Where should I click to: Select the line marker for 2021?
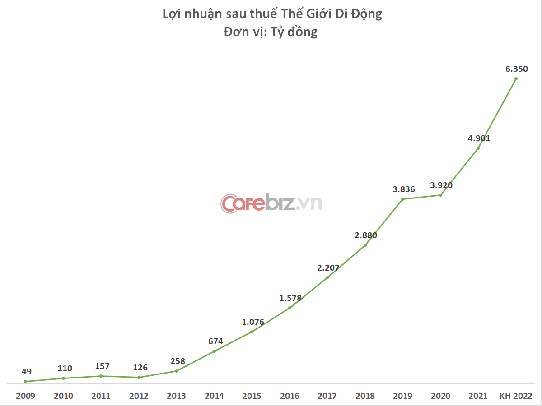[x=478, y=148]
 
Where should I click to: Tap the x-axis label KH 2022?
[x=516, y=396]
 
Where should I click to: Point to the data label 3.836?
[x=403, y=189]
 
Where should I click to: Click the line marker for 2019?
[x=403, y=199]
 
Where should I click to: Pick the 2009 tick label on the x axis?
[x=25, y=396]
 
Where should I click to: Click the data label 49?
[x=26, y=372]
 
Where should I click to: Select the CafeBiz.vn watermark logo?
[x=271, y=203]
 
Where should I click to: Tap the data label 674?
[x=215, y=341]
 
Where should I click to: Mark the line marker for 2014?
[x=214, y=351]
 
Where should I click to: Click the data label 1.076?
[x=253, y=322]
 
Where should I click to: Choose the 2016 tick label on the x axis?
[x=290, y=396]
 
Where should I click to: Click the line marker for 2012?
[x=139, y=378]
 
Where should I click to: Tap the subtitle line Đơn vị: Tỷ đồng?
[x=271, y=32]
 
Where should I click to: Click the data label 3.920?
[x=441, y=185]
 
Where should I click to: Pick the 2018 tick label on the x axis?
[x=365, y=396]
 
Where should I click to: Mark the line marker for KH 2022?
[x=516, y=79]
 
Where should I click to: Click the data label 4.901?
[x=479, y=138]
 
